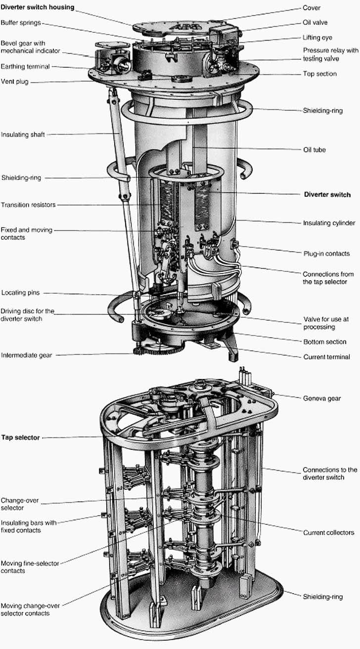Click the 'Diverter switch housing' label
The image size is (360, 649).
pos(38,7)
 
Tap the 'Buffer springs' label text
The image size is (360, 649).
pos(21,22)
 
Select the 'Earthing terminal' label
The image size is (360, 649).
pos(25,66)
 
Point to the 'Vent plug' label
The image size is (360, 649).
pos(14,82)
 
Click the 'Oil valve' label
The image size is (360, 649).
pos(315,22)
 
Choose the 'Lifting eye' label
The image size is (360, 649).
pos(317,37)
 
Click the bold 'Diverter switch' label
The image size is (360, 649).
pos(327,195)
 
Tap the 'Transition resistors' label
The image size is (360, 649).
pos(28,205)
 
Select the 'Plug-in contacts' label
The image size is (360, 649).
pos(326,254)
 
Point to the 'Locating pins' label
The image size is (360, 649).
pos(20,293)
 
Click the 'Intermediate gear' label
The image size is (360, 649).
pos(27,354)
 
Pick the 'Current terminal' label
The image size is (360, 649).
pos(326,357)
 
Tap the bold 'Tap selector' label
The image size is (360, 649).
pos(20,437)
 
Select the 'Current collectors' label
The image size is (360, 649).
pos(328,532)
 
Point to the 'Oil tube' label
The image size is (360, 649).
pos(314,150)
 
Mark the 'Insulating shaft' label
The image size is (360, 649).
pos(24,134)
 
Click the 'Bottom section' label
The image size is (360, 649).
pos(324,342)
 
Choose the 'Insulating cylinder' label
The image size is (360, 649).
pos(329,223)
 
